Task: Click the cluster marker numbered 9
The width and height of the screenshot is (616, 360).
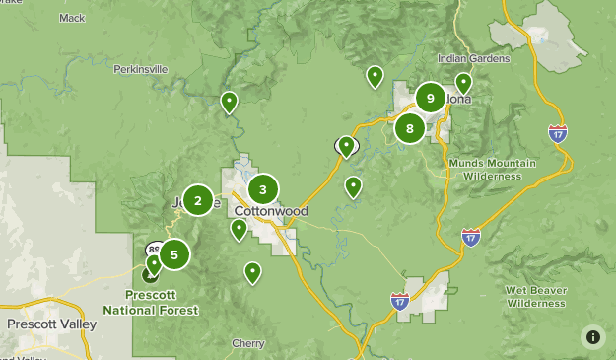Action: tap(430, 98)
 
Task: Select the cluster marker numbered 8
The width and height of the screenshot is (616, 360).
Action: tap(410, 127)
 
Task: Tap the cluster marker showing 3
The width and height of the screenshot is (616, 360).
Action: tap(263, 189)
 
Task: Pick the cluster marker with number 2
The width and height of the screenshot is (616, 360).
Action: tap(197, 201)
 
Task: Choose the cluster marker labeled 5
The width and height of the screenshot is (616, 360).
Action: tap(174, 254)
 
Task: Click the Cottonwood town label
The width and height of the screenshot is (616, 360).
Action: tap(271, 212)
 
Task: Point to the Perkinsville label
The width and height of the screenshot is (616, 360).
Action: tap(140, 69)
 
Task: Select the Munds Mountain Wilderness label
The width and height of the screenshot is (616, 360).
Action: tap(493, 169)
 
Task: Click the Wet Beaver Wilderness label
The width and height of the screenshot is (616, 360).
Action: tap(536, 297)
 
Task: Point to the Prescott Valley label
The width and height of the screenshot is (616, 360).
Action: tap(51, 324)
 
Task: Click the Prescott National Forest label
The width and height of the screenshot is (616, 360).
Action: tap(162, 303)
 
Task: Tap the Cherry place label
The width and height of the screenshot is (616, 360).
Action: tap(248, 343)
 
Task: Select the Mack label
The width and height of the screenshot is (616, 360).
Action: tap(72, 18)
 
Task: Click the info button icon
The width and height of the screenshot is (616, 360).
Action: tap(592, 336)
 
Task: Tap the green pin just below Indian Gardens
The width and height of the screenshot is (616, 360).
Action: tap(463, 83)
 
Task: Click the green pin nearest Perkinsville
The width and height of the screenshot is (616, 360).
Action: tap(229, 101)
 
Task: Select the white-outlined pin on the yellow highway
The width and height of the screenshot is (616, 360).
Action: tap(346, 146)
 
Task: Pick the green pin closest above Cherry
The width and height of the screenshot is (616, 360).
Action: tap(252, 271)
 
